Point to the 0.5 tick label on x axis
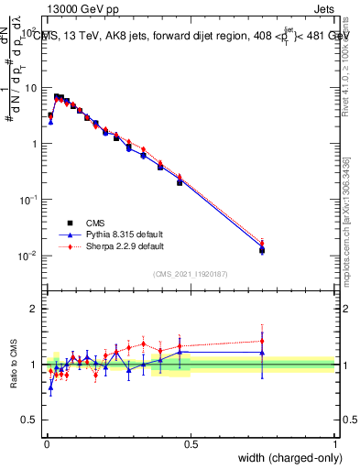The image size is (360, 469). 191,443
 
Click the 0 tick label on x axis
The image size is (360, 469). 47,443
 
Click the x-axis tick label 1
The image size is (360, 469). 334,443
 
